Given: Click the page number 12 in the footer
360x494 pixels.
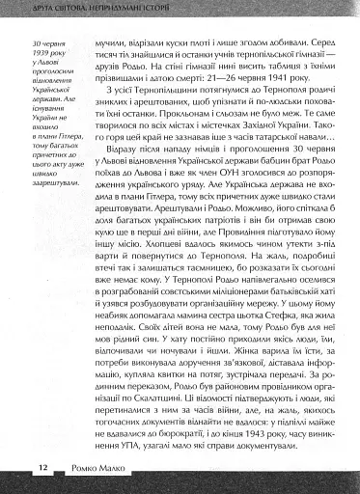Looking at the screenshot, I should pos(43,468).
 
